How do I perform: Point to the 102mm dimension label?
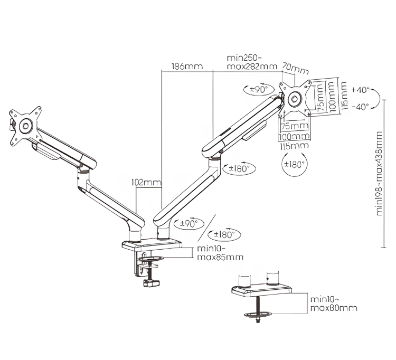[x=146, y=183]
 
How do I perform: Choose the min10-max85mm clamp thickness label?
[x=220, y=253]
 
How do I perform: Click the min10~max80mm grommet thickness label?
[x=333, y=303]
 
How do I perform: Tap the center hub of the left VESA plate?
[x=25, y=127]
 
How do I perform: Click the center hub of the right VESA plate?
[x=294, y=98]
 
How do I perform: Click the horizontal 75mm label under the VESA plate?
[x=294, y=127]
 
